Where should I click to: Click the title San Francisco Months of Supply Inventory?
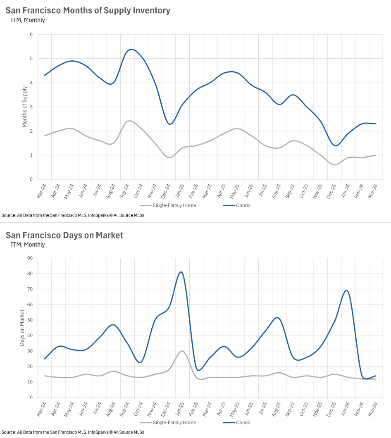coord(88,11)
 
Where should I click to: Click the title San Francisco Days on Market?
coord(64,235)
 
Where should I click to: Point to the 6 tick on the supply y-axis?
coord(31,34)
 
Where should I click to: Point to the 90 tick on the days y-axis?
coord(30,258)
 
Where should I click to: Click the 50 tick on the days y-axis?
coord(30,320)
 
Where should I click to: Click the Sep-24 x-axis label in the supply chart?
coord(125,191)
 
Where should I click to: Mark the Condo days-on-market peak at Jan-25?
coord(181,272)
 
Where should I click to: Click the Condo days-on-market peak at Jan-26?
coord(346,290)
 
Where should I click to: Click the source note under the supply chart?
coord(73,215)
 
